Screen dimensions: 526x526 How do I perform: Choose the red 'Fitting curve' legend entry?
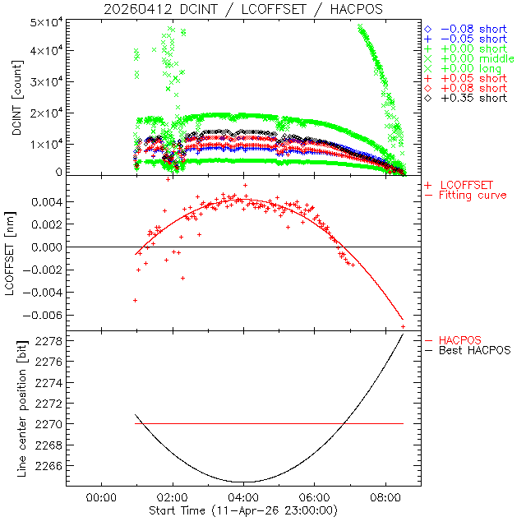tap(473, 195)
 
